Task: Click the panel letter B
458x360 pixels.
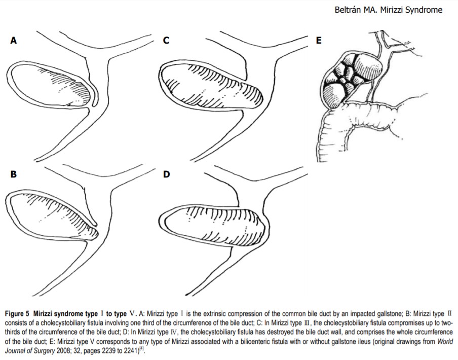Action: pos(14,174)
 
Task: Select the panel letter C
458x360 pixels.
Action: pos(166,41)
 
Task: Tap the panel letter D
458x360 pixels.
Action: pos(166,174)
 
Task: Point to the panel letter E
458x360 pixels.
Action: pos(319,41)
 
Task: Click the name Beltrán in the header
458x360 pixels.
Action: pos(349,10)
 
